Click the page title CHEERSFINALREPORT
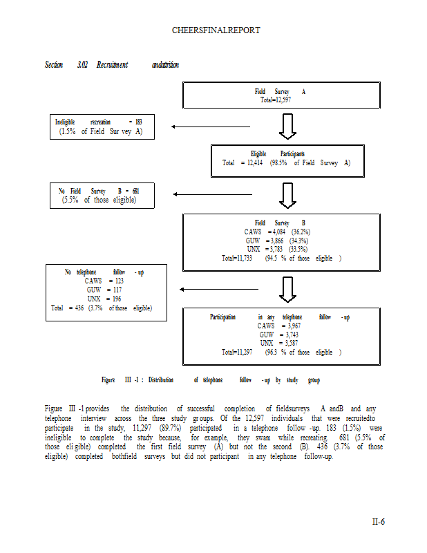pyautogui.click(x=216, y=31)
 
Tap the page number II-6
pyautogui.click(x=377, y=521)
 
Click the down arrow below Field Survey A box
pyautogui.click(x=289, y=126)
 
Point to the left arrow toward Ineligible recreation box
pyautogui.click(x=200, y=126)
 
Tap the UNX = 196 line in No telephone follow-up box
pyautogui.click(x=104, y=299)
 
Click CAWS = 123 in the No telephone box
pyautogui.click(x=104, y=281)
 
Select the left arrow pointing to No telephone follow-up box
pyautogui.click(x=218, y=290)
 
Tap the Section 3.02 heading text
pyautogui.click(x=65, y=65)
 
